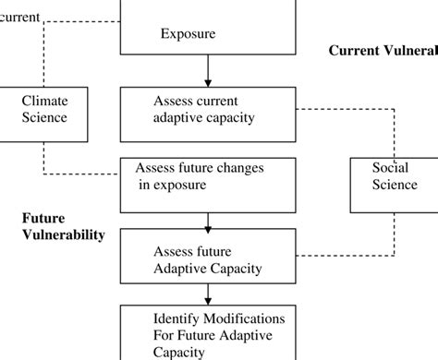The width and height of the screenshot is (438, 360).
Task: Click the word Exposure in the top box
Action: [x=188, y=34]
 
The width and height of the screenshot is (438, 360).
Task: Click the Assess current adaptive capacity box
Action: [x=208, y=110]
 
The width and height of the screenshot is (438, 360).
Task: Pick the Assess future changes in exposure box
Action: [x=208, y=177]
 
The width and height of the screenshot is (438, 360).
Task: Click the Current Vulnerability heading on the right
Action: [x=383, y=51]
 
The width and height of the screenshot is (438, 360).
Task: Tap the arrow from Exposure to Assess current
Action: [x=208, y=70]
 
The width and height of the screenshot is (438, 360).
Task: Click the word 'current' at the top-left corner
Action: [x=20, y=17]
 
